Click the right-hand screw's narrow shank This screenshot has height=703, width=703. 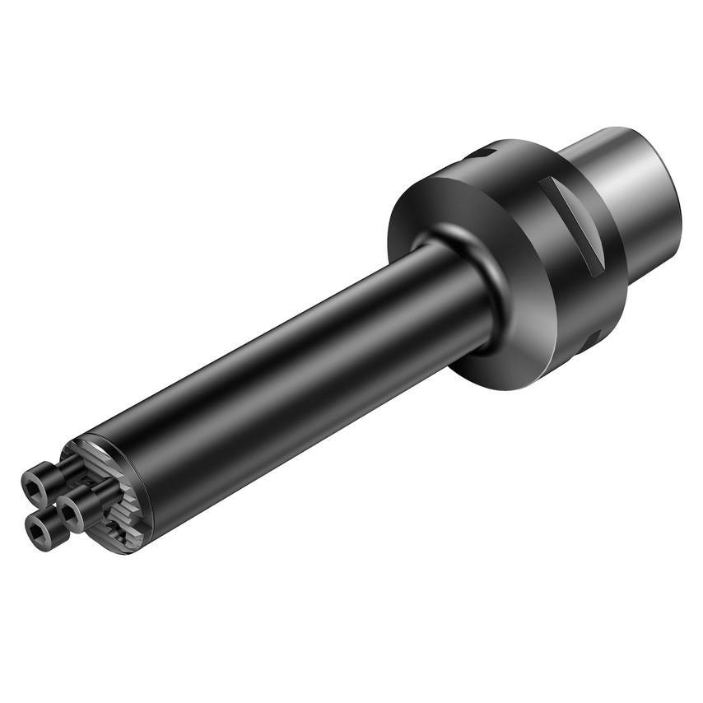(105, 490)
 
